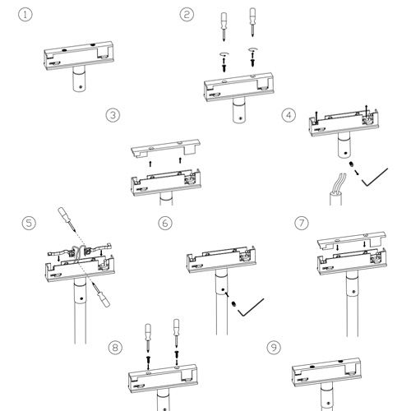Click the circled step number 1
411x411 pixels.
(25, 15)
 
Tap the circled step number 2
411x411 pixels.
(187, 15)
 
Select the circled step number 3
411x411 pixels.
(113, 115)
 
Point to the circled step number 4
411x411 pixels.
(289, 115)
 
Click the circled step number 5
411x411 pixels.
(29, 223)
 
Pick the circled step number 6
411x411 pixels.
(165, 223)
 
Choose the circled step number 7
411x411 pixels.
(302, 223)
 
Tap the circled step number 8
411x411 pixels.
(115, 348)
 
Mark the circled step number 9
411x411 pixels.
(274, 348)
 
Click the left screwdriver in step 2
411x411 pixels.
(224, 27)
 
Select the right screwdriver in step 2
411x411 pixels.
(252, 22)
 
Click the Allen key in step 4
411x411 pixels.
(375, 178)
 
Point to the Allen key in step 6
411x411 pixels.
(251, 307)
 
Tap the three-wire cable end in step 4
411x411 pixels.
(336, 189)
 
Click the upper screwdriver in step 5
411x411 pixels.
(67, 218)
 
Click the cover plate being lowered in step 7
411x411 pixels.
(352, 240)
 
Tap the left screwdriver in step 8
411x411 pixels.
(148, 338)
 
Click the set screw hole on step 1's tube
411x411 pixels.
(81, 86)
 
